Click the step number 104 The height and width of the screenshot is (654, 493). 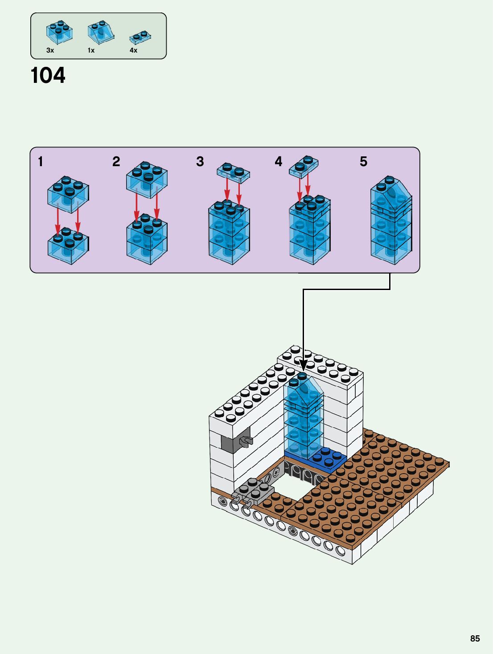coord(48,75)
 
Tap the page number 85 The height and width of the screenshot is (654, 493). coord(475,638)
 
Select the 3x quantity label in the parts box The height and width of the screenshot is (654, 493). coord(50,50)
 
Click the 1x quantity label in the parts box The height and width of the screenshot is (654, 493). coord(91,50)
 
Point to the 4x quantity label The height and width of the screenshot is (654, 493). coord(133,50)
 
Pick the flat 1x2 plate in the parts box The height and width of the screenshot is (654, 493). coord(140,37)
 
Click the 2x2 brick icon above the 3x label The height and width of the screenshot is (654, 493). coord(59,32)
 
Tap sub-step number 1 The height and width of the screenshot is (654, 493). coord(41,161)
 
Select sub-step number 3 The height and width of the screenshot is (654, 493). coord(200,161)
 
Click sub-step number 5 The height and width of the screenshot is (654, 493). coord(363,161)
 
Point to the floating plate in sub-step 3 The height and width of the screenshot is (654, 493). coord(234,172)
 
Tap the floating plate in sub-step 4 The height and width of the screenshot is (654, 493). coord(304,167)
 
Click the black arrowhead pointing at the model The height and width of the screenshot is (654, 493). coord(303,365)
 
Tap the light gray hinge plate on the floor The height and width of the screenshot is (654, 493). coord(253,492)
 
